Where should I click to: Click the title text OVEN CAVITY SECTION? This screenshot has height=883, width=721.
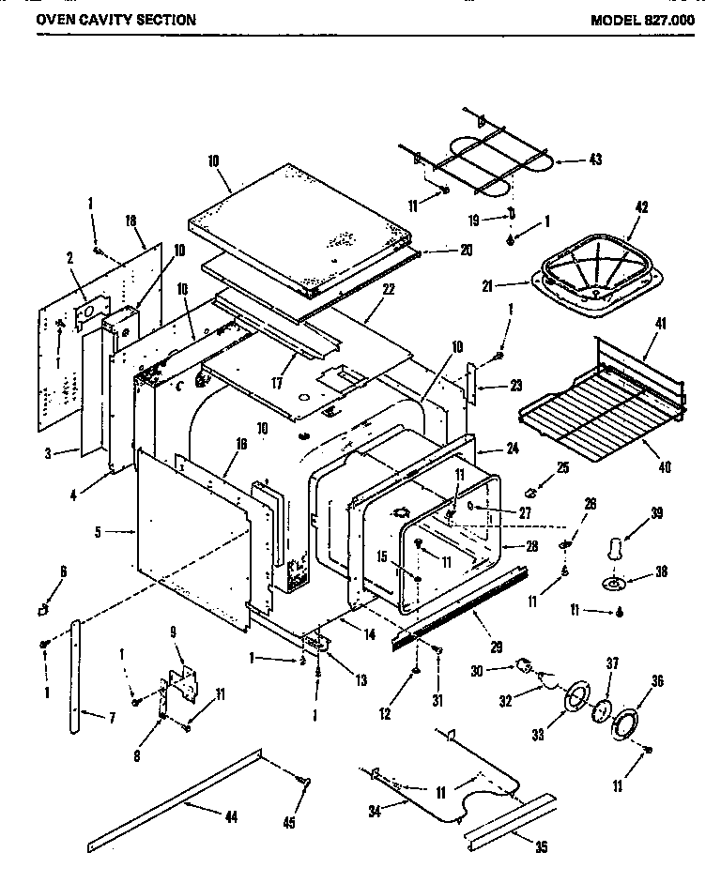(116, 20)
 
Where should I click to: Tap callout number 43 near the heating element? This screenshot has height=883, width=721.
(594, 160)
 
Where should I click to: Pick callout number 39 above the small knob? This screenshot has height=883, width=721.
(657, 512)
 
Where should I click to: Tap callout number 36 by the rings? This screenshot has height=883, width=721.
(656, 681)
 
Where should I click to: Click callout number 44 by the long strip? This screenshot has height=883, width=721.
(231, 817)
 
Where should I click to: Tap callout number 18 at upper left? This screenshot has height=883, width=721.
(130, 220)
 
